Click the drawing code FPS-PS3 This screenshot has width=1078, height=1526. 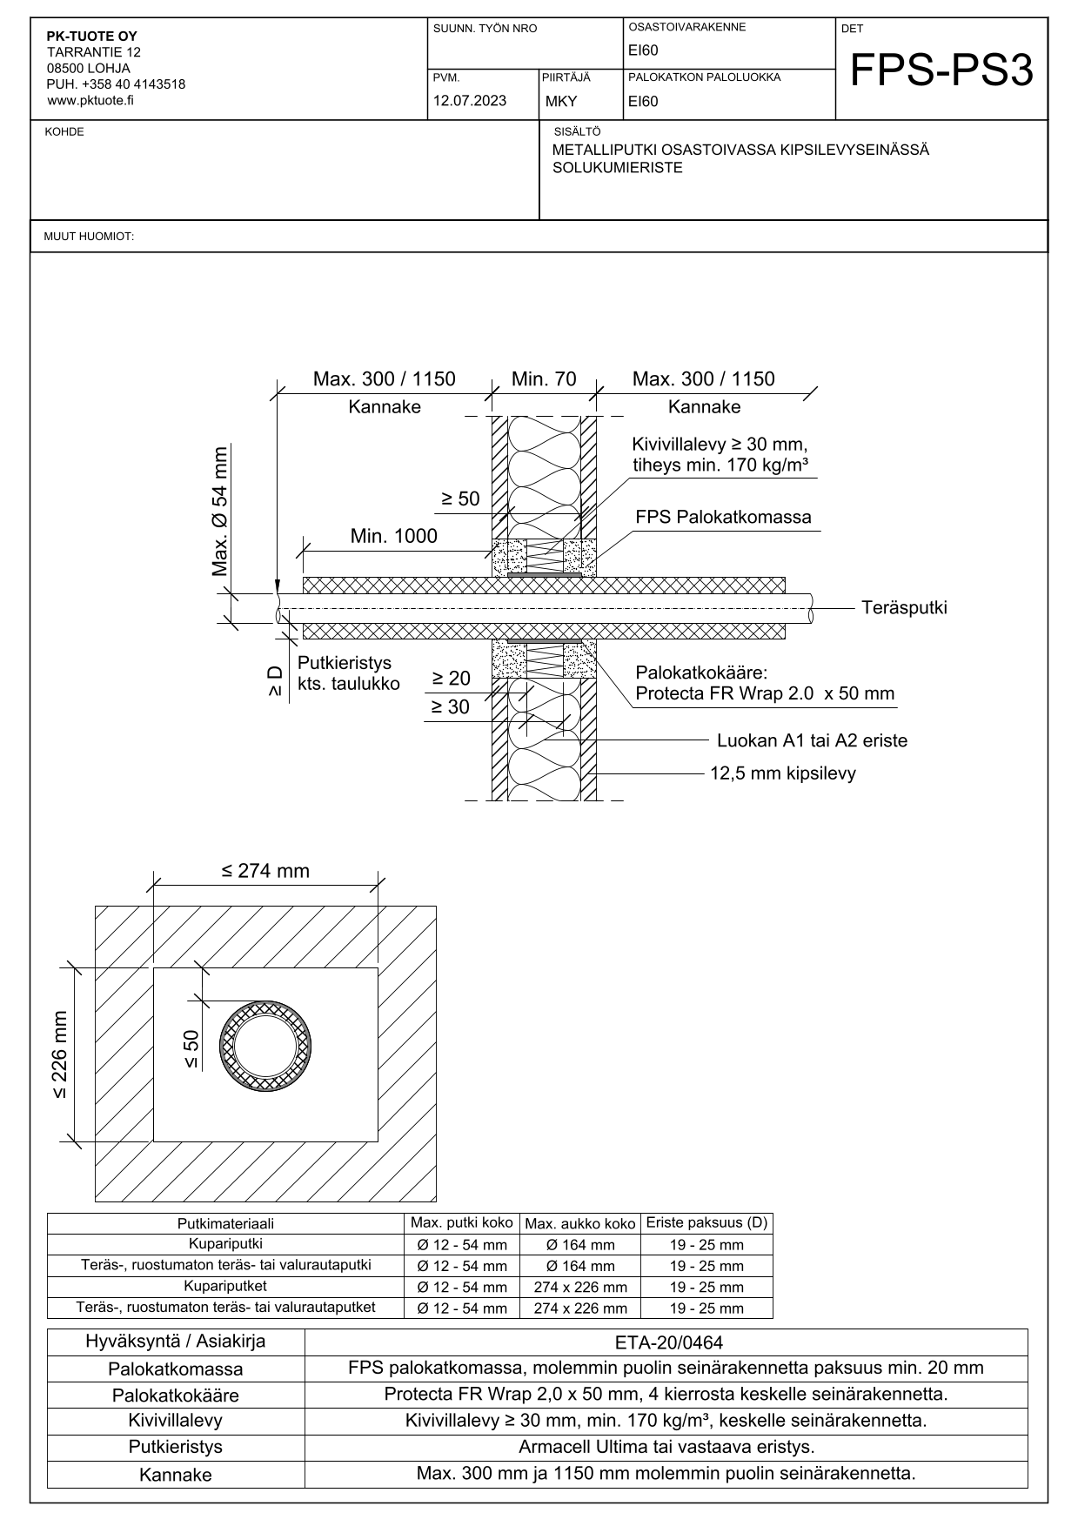[x=941, y=71]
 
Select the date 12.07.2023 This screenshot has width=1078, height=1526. [x=470, y=100]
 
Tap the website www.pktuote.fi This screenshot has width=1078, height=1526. [x=90, y=100]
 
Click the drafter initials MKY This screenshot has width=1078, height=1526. [x=561, y=101]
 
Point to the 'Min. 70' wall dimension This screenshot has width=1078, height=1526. [x=544, y=379]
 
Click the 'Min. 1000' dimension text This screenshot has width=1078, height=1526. [x=394, y=536]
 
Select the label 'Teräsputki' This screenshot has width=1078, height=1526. [x=904, y=607]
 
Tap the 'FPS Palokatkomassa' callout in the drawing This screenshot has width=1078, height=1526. [x=723, y=517]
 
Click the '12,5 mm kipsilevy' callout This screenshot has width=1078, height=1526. [x=783, y=773]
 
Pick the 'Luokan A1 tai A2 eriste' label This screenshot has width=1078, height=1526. [x=812, y=741]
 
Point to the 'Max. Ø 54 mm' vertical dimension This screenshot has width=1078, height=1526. [x=220, y=512]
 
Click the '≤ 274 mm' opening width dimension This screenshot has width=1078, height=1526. [x=265, y=871]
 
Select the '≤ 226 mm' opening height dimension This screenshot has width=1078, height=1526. [x=60, y=1054]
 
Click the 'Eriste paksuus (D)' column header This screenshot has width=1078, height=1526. [x=706, y=1222]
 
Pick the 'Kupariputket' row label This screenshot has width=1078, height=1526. [x=225, y=1286]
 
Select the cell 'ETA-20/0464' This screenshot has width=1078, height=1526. [x=666, y=1342]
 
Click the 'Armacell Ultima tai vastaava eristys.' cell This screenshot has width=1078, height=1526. [x=666, y=1448]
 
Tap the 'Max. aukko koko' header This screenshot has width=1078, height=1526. [x=580, y=1223]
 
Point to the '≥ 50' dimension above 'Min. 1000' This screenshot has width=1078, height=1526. [x=460, y=499]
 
